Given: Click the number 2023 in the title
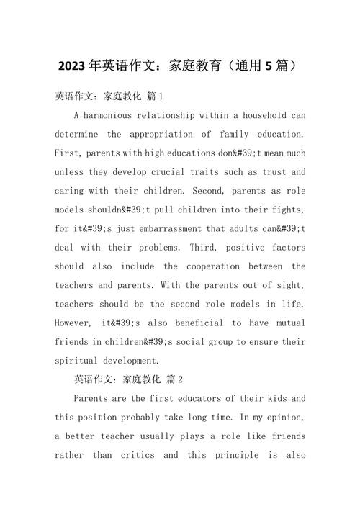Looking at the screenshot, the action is pyautogui.click(x=71, y=66).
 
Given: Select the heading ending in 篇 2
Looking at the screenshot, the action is pyautogui.click(x=129, y=379).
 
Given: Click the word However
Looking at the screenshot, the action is pyautogui.click(x=74, y=323).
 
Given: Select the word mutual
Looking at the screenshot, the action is pyautogui.click(x=287, y=323).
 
